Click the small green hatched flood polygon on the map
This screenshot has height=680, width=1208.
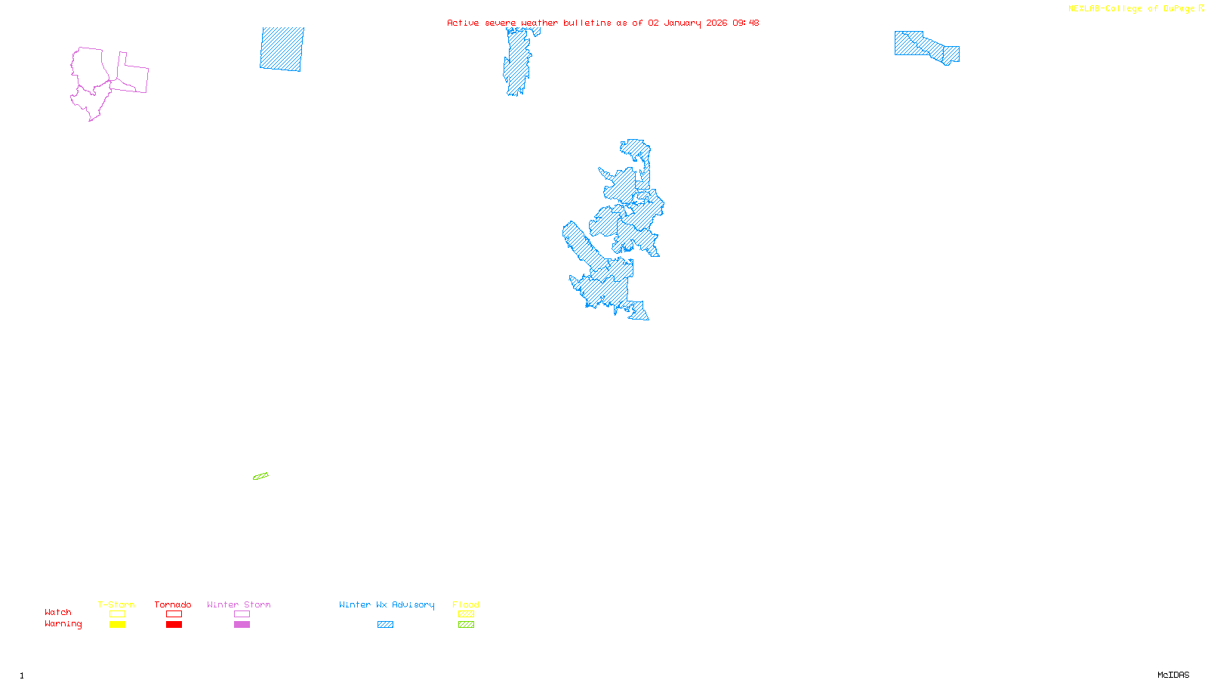(x=260, y=476)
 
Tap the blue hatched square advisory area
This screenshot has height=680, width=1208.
(x=282, y=49)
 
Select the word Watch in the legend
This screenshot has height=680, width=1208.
(x=58, y=612)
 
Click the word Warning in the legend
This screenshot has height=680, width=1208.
(x=63, y=624)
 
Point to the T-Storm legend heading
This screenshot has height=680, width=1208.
(x=116, y=604)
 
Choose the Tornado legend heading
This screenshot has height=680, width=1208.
(x=173, y=604)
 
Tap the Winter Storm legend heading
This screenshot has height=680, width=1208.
(x=239, y=604)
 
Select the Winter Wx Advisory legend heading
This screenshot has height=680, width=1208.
(x=387, y=604)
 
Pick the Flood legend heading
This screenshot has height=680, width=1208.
(x=466, y=604)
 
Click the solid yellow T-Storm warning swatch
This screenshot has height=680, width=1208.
(x=117, y=625)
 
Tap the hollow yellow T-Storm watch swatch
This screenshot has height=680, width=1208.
(x=117, y=614)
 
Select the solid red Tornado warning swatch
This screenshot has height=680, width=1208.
(x=174, y=625)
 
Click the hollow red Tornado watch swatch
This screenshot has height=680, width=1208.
(x=174, y=614)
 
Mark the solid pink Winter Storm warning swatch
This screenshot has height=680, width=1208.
(x=242, y=625)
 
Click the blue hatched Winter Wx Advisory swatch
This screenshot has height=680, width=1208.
(x=385, y=625)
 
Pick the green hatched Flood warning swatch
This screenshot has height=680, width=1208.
(x=466, y=625)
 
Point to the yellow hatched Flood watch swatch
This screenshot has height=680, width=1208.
(x=466, y=614)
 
